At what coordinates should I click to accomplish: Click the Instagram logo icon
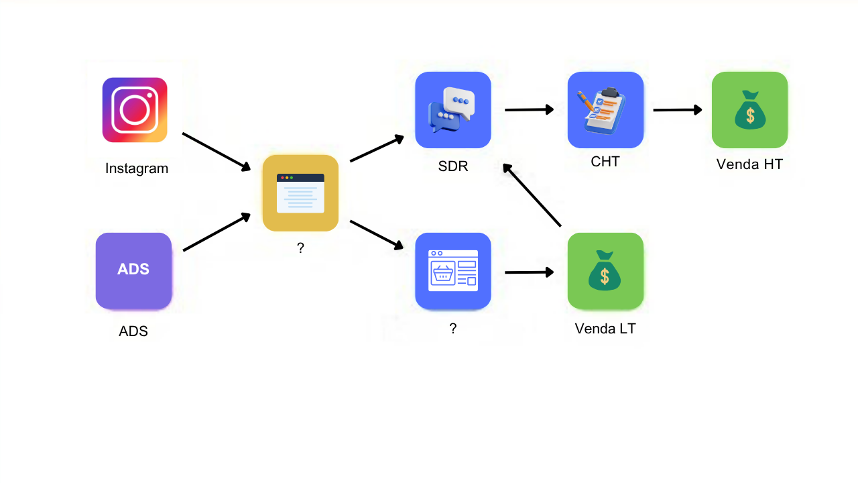tap(135, 110)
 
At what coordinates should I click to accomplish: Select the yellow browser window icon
tap(300, 193)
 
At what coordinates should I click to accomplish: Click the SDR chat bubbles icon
tap(453, 110)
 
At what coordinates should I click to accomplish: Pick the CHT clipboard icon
tap(605, 110)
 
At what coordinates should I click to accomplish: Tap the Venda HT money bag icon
tap(749, 110)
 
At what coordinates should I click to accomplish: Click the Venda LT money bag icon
tap(605, 271)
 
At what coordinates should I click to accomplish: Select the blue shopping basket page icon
tap(453, 271)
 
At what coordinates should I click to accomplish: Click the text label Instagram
tap(137, 168)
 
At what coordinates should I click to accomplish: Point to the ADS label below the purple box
tap(133, 331)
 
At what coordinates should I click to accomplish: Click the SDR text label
tap(453, 166)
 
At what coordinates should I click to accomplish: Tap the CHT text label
tap(605, 162)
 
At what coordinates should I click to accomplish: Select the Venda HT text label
tap(749, 164)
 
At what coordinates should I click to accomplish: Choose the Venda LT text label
tap(605, 329)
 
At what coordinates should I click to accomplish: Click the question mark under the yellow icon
tap(300, 248)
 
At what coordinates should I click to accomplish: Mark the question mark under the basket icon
tap(453, 328)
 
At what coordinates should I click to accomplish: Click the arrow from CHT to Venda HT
tap(677, 110)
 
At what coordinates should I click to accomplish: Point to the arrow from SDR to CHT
tap(529, 109)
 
